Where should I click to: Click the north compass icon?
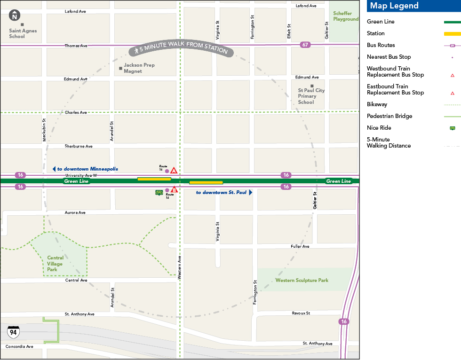coord(15,15)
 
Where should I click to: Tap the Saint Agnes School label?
coord(23,33)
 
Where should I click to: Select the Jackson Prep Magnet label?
coord(139,68)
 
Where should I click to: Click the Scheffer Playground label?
coord(346,16)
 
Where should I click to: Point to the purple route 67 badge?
coord(305,45)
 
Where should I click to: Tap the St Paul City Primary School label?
coord(311,96)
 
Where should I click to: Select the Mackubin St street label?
coord(44,130)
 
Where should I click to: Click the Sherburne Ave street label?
coord(79,146)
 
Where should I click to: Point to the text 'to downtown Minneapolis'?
coord(87,169)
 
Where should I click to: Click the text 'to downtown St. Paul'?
coord(221,192)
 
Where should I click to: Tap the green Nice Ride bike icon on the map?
coord(159,192)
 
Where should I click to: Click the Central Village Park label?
coord(55,264)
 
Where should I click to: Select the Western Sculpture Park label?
coord(302,280)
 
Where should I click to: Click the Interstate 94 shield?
coord(13,332)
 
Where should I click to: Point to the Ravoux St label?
coord(301,313)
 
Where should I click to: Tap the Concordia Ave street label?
coord(19,346)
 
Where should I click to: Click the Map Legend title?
coord(394,6)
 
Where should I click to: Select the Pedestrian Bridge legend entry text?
coord(389,116)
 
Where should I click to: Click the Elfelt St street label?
coord(289,31)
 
